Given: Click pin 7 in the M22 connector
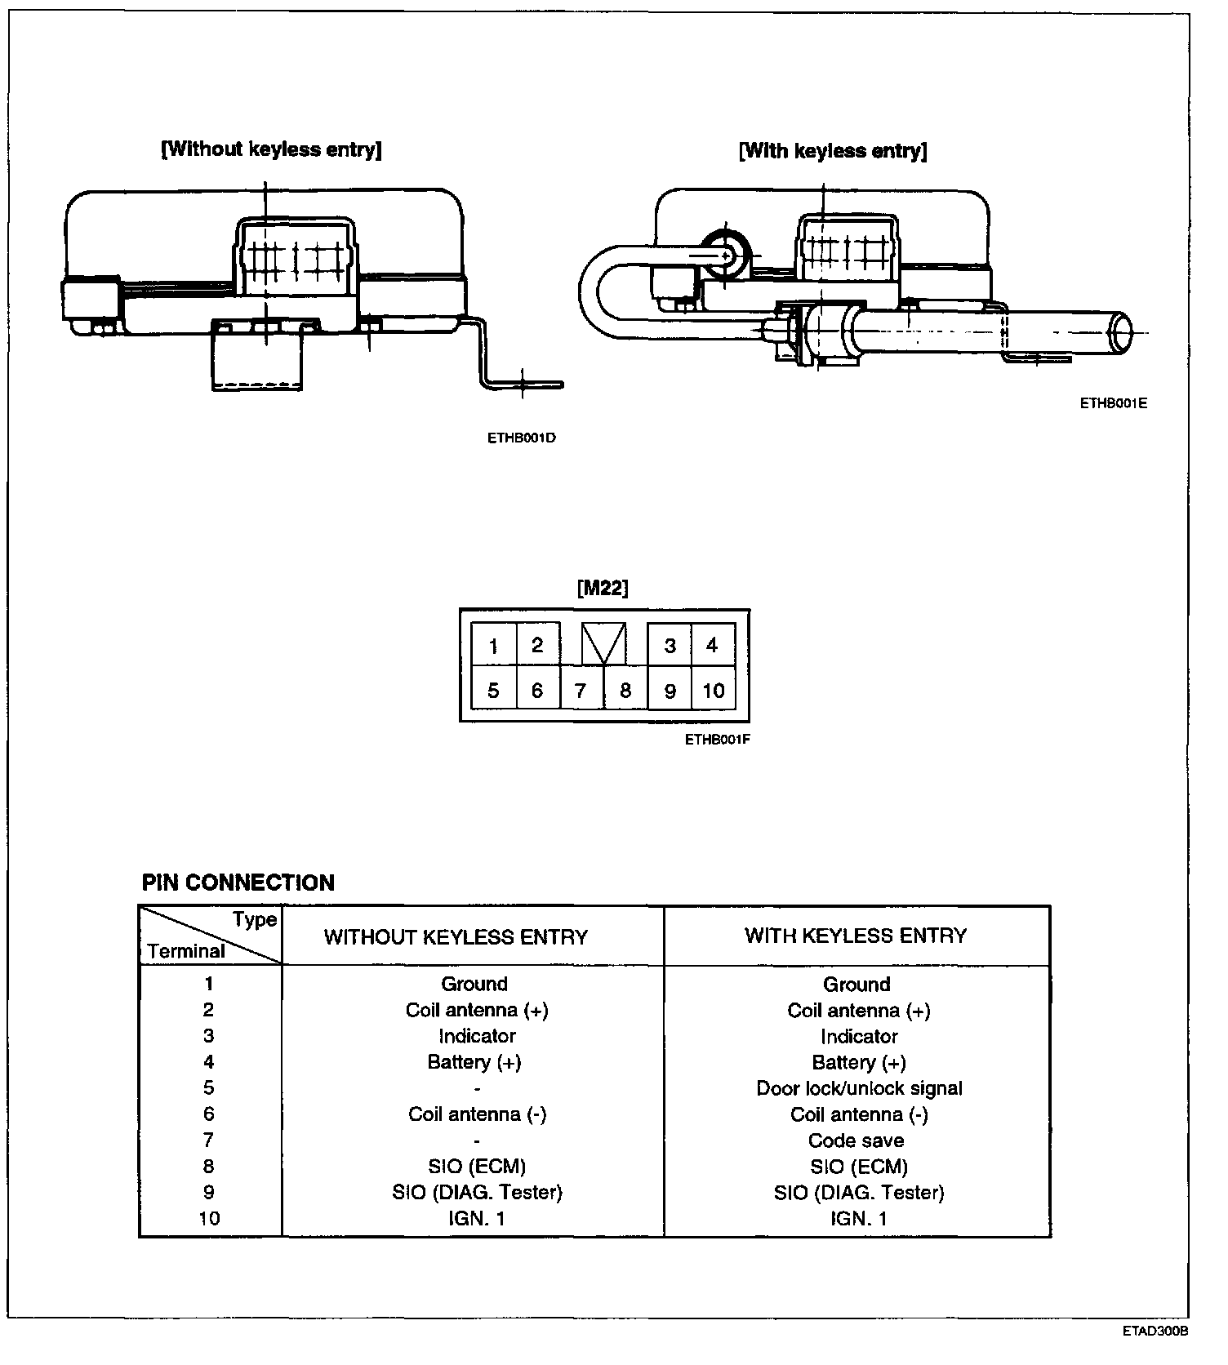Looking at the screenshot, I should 581,691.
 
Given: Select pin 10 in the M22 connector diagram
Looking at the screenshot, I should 713,691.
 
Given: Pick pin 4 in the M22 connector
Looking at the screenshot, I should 712,646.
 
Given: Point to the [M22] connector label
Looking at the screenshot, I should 603,588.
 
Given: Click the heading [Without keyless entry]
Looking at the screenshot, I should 272,149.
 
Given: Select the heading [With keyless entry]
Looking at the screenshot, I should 833,151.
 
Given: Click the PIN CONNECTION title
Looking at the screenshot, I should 238,883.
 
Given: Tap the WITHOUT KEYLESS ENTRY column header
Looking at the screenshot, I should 456,937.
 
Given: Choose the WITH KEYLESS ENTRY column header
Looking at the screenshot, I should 856,936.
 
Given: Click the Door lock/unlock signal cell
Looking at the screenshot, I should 859,1088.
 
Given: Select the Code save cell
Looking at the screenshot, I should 856,1140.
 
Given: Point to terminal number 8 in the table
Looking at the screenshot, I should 209,1167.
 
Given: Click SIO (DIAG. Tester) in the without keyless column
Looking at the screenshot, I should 477,1193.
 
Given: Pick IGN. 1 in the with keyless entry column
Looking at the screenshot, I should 858,1219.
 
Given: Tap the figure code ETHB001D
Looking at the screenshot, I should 522,438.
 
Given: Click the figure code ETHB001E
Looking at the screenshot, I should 1114,403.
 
